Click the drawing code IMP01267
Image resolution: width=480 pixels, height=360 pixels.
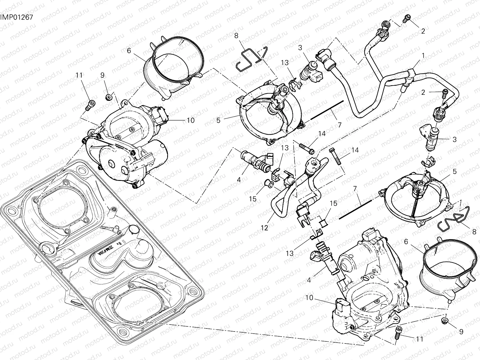point(16,17)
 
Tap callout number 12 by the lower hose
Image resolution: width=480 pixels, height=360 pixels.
point(264,228)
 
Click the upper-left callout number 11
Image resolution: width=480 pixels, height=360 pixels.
point(79,75)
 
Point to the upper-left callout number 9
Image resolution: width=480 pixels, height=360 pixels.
point(103,75)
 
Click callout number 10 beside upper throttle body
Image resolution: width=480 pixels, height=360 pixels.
point(190,120)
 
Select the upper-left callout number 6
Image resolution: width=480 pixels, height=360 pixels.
point(129,51)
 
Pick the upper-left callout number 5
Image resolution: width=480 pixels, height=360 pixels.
point(218,120)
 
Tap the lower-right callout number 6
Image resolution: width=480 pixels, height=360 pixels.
point(406,242)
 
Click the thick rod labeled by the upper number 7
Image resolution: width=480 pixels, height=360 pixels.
point(327,110)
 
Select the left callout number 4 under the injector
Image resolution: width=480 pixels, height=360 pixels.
point(239,180)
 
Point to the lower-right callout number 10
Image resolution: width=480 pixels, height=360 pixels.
point(310,298)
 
